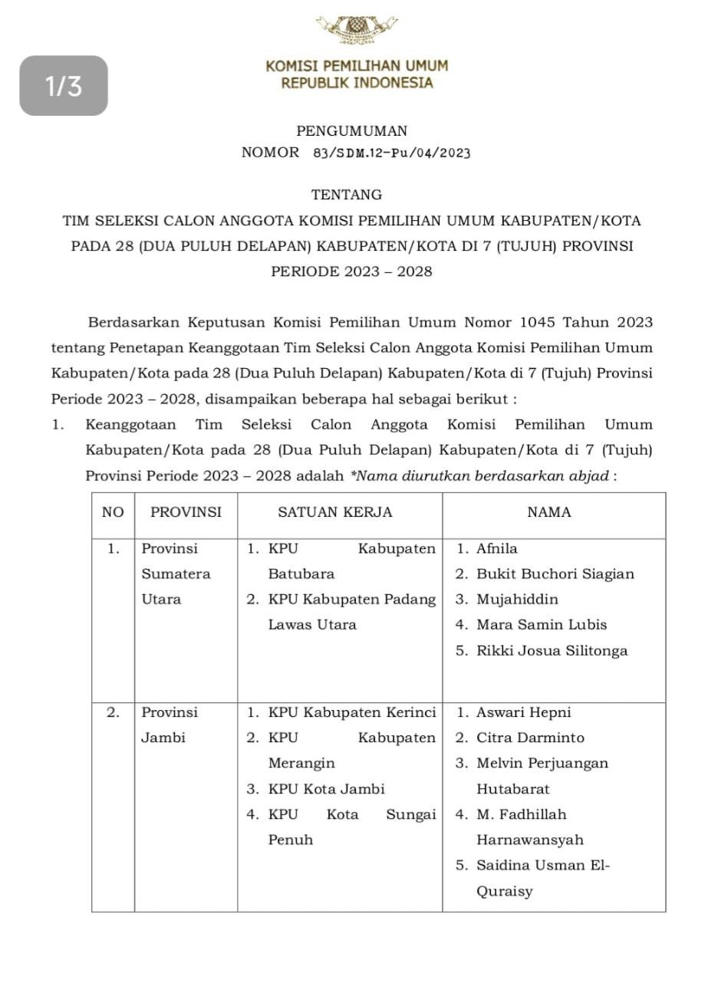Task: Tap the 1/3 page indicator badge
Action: coord(64,86)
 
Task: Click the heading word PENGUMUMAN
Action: coord(352,131)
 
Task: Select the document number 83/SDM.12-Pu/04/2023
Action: coord(391,153)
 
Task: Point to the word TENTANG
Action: coord(347,195)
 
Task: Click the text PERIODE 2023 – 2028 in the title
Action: coord(351,271)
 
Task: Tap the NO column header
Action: coord(113,512)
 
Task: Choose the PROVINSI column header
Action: coord(186,512)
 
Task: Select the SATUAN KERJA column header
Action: coord(334,512)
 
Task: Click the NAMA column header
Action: coord(549,512)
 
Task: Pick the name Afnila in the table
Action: coord(497,549)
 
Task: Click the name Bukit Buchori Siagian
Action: coord(555,574)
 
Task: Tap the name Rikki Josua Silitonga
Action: coord(551,651)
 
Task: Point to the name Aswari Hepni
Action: coord(524,712)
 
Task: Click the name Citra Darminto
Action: coord(530,738)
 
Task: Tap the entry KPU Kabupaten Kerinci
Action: coord(351,712)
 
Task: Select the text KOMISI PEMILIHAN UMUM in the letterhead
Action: coord(357,66)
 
